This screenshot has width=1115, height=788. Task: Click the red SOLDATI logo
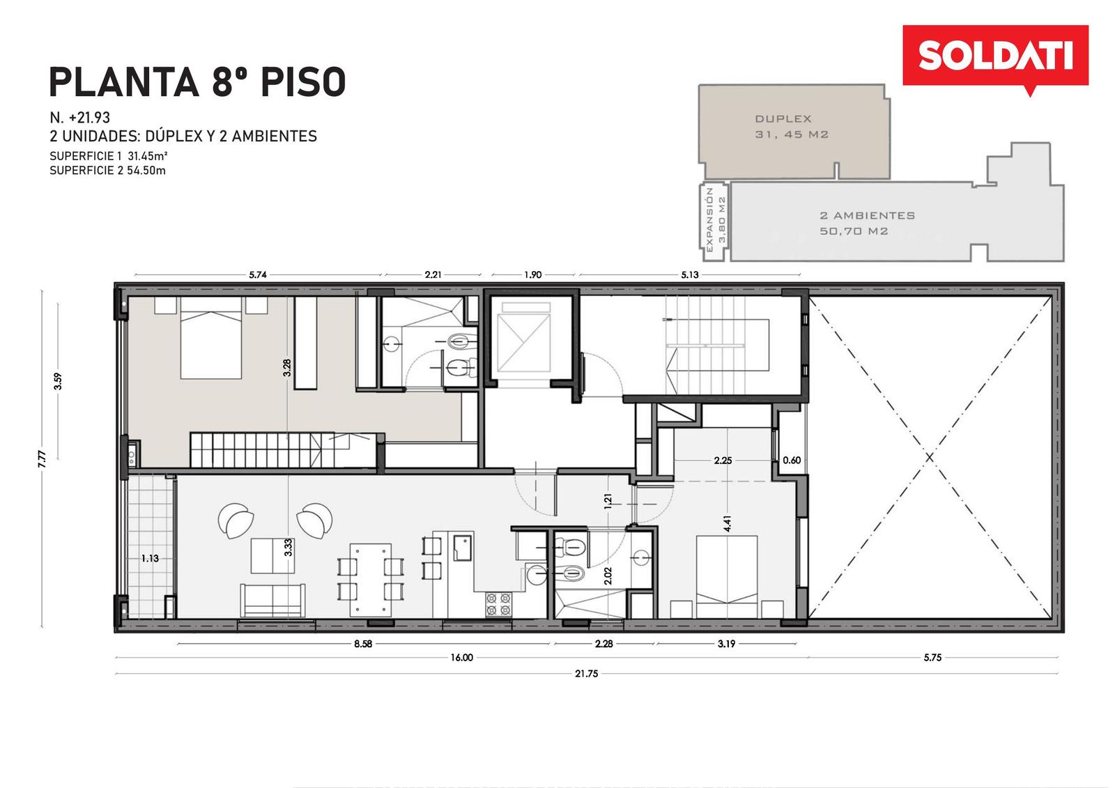click(996, 57)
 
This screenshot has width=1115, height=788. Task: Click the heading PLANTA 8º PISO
click(198, 82)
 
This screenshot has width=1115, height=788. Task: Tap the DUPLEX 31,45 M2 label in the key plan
click(792, 126)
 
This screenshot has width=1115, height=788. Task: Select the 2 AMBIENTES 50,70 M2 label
click(867, 223)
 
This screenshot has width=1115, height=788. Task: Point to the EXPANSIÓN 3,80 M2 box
click(714, 222)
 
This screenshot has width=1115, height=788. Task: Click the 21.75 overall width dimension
click(586, 674)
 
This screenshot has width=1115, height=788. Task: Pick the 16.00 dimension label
click(461, 658)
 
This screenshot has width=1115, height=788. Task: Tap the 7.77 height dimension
click(43, 458)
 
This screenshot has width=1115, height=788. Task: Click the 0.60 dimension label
click(792, 460)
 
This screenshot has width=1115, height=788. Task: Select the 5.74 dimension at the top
click(258, 275)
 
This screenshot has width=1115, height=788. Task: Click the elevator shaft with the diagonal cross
click(523, 343)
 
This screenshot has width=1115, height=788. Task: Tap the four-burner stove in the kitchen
click(499, 604)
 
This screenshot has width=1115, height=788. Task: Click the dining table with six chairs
click(370, 580)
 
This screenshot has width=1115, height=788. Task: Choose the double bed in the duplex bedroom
click(210, 338)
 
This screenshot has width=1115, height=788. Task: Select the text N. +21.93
click(79, 118)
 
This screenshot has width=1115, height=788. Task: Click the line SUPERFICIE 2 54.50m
click(107, 170)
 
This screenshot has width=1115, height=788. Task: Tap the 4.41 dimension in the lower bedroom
click(728, 524)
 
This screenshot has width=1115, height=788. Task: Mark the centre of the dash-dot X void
click(930, 457)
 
